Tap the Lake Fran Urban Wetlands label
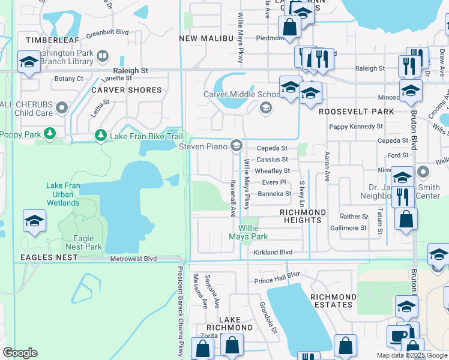(x=63, y=194)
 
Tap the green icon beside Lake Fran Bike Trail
(x=101, y=137)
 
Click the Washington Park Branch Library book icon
(x=103, y=56)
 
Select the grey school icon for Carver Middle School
(x=265, y=107)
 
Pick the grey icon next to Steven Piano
(x=237, y=146)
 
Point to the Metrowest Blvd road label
(x=133, y=259)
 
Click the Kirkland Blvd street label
(x=273, y=253)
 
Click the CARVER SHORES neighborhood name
(x=126, y=90)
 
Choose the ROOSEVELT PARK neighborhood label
(x=357, y=112)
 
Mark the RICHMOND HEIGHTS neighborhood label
(x=303, y=217)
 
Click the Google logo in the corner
(x=20, y=353)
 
